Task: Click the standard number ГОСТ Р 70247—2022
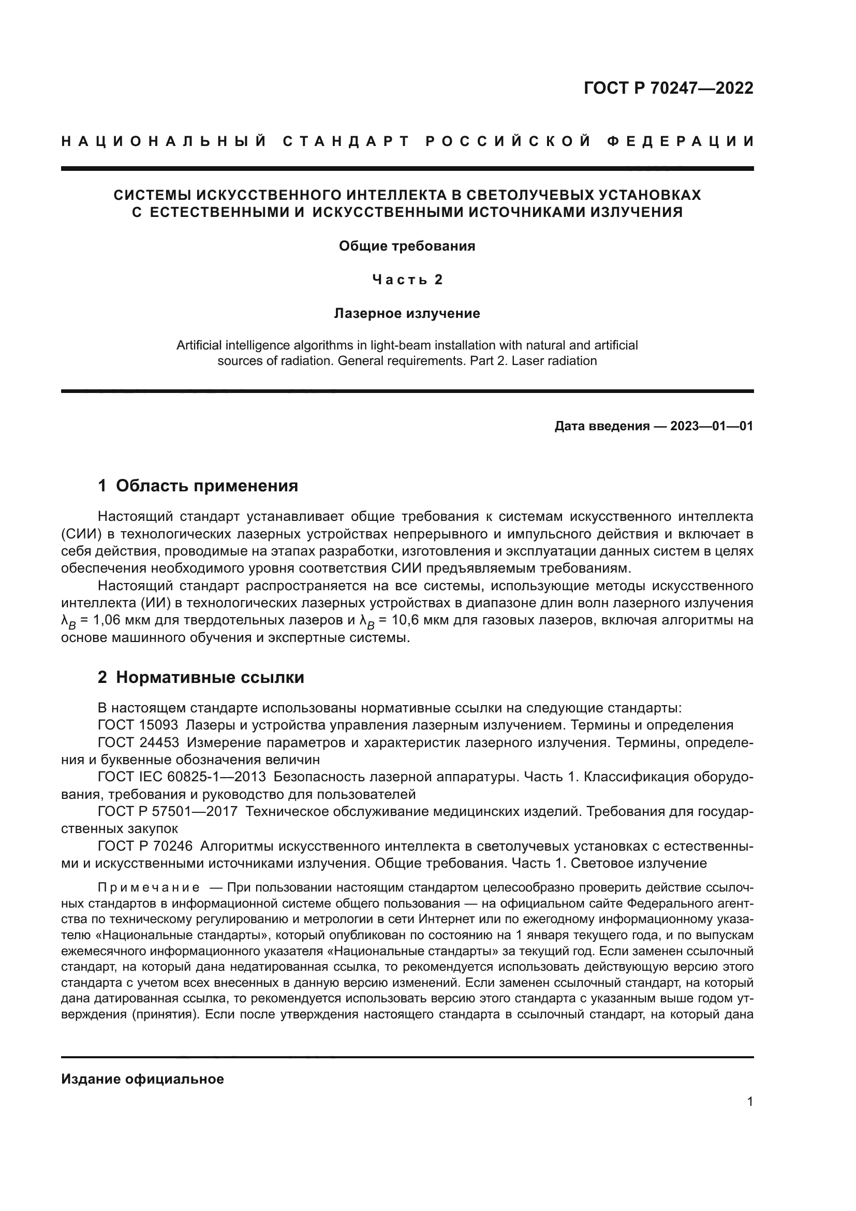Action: click(x=668, y=88)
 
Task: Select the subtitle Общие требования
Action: click(x=406, y=246)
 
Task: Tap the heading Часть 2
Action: click(x=407, y=280)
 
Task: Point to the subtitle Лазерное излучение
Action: click(x=406, y=314)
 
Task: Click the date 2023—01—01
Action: click(x=711, y=426)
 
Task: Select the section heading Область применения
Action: click(x=206, y=486)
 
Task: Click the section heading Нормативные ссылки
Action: click(x=210, y=678)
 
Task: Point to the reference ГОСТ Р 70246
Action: click(x=145, y=847)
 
